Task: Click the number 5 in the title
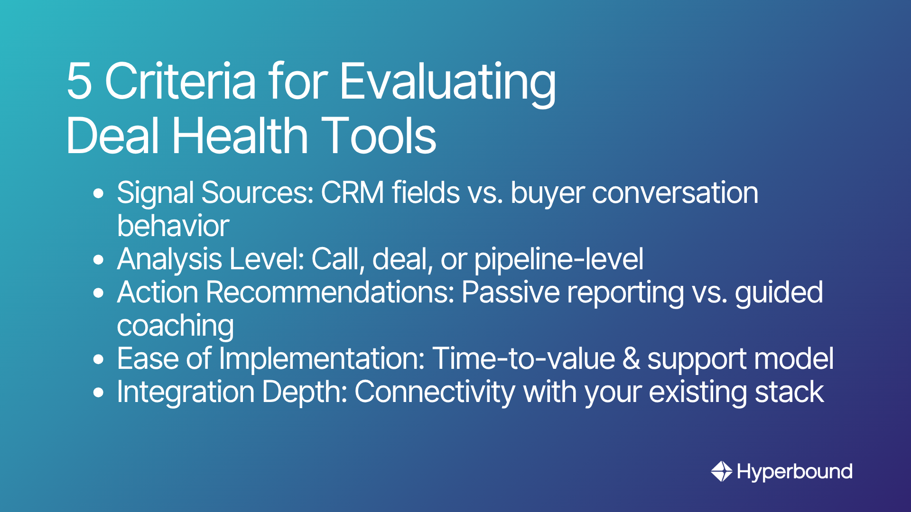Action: pos(79,81)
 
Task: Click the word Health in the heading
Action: pos(240,135)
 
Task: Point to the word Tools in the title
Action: pos(379,136)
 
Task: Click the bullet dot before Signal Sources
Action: pos(99,193)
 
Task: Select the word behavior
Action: pos(173,226)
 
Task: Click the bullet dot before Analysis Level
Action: pos(99,260)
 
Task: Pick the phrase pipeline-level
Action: pos(559,260)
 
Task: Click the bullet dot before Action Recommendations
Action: pos(99,293)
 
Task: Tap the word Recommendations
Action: pos(330,293)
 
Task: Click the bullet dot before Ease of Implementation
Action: pos(99,359)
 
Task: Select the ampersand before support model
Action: pos(631,359)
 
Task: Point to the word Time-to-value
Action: pos(524,358)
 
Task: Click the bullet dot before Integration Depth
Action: pos(99,393)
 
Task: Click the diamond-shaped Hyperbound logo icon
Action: pos(722,471)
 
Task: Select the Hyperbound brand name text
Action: pos(795,472)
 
